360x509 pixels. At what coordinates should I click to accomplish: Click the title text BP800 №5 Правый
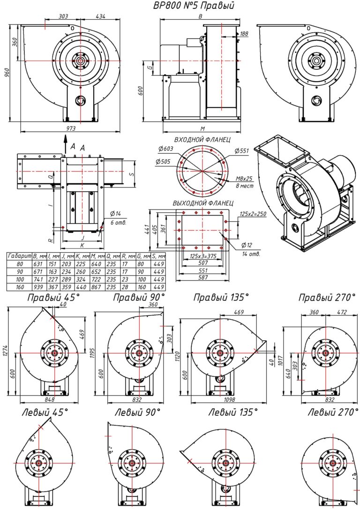click(x=194, y=6)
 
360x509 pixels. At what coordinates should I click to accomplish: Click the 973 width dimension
click(x=71, y=127)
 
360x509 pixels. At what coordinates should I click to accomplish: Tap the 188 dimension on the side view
click(x=244, y=34)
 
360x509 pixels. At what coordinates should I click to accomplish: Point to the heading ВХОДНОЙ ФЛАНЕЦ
click(x=202, y=140)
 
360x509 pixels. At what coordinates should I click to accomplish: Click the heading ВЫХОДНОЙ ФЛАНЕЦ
click(x=202, y=203)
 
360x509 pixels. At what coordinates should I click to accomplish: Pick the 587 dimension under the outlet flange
click(x=202, y=278)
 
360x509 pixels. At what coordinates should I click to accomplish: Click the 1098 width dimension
click(x=228, y=400)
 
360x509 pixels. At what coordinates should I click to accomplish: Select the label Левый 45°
click(x=45, y=413)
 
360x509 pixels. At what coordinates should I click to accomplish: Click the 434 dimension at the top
click(x=101, y=16)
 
